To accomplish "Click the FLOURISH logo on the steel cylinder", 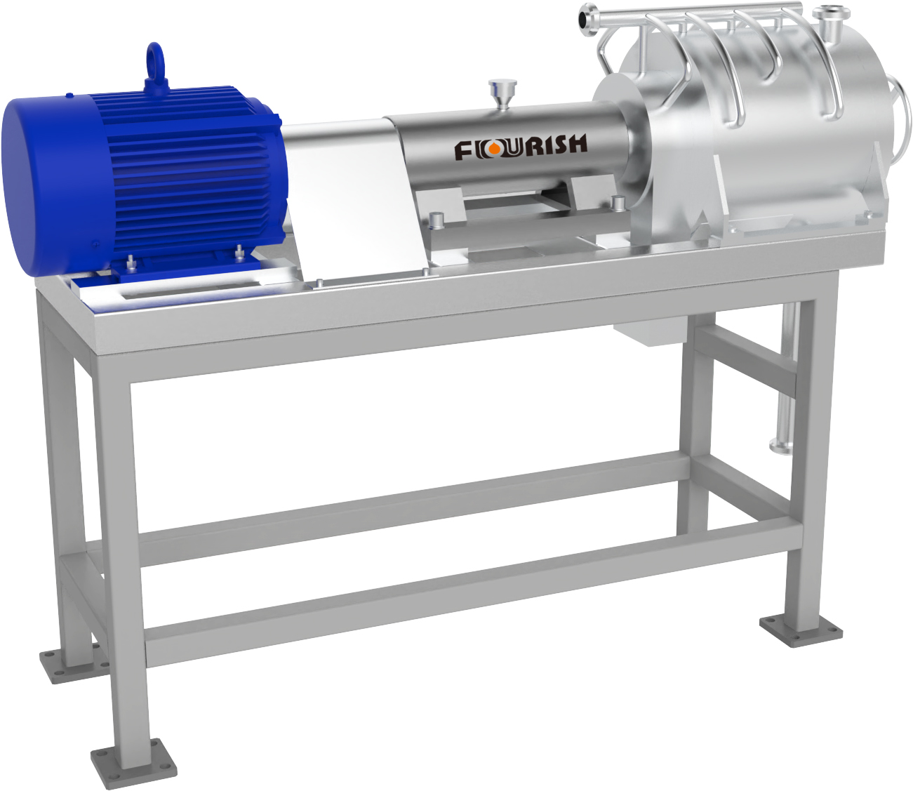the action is tap(521, 147).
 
